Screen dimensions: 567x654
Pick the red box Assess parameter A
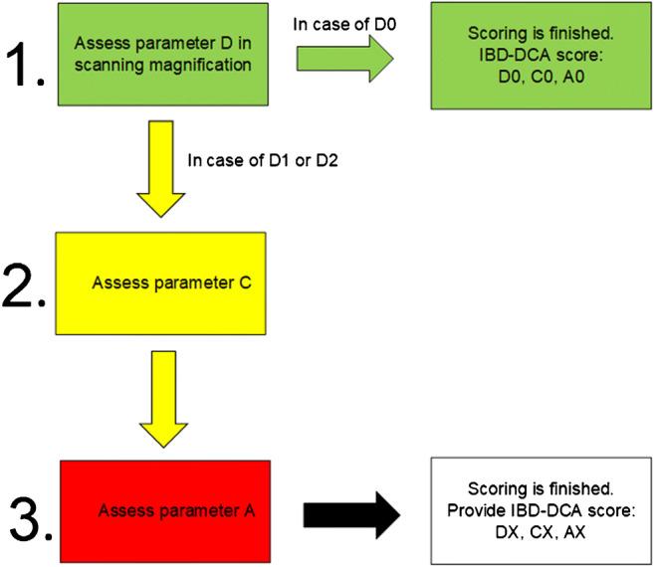165,509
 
